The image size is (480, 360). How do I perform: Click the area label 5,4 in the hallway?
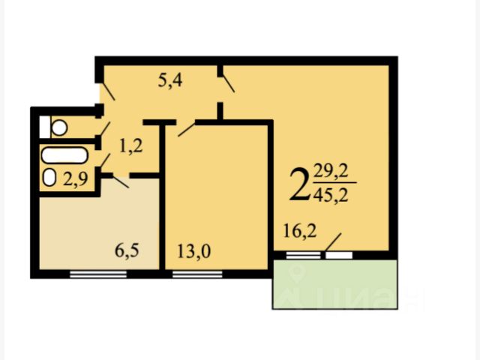click(170, 81)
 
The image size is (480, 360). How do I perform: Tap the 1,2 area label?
click(130, 146)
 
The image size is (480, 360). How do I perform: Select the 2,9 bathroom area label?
click(76, 178)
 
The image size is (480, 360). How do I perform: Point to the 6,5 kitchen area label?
click(127, 250)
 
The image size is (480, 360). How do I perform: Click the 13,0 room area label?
click(193, 252)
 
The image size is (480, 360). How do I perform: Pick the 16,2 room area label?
click(300, 231)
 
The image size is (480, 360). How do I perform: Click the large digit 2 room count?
click(299, 185)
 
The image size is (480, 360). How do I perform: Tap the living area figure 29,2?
click(331, 172)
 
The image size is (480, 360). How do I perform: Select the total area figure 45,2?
click(331, 195)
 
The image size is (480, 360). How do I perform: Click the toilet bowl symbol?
click(59, 127)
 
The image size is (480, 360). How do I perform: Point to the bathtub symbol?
click(65, 155)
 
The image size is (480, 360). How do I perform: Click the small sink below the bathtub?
click(49, 178)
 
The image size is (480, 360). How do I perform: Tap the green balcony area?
click(335, 284)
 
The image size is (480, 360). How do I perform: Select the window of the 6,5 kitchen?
click(98, 274)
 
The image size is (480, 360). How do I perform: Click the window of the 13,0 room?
click(197, 274)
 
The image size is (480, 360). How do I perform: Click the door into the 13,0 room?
click(187, 130)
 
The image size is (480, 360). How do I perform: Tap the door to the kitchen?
click(119, 181)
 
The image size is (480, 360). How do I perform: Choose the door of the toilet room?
click(105, 128)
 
